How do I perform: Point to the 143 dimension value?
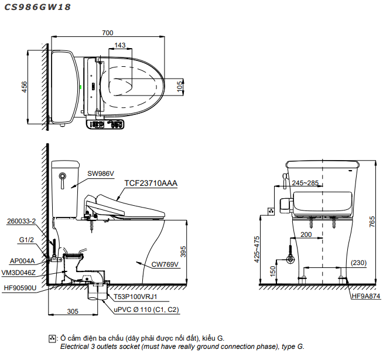coord(119,45)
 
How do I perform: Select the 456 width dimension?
coord(25,87)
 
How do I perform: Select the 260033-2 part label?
coord(22,221)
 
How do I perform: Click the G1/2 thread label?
coord(26,240)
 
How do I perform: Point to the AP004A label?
coord(23,260)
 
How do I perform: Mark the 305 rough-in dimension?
coord(73,311)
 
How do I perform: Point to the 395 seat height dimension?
coord(183,253)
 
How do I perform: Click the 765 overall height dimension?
coord(372,222)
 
